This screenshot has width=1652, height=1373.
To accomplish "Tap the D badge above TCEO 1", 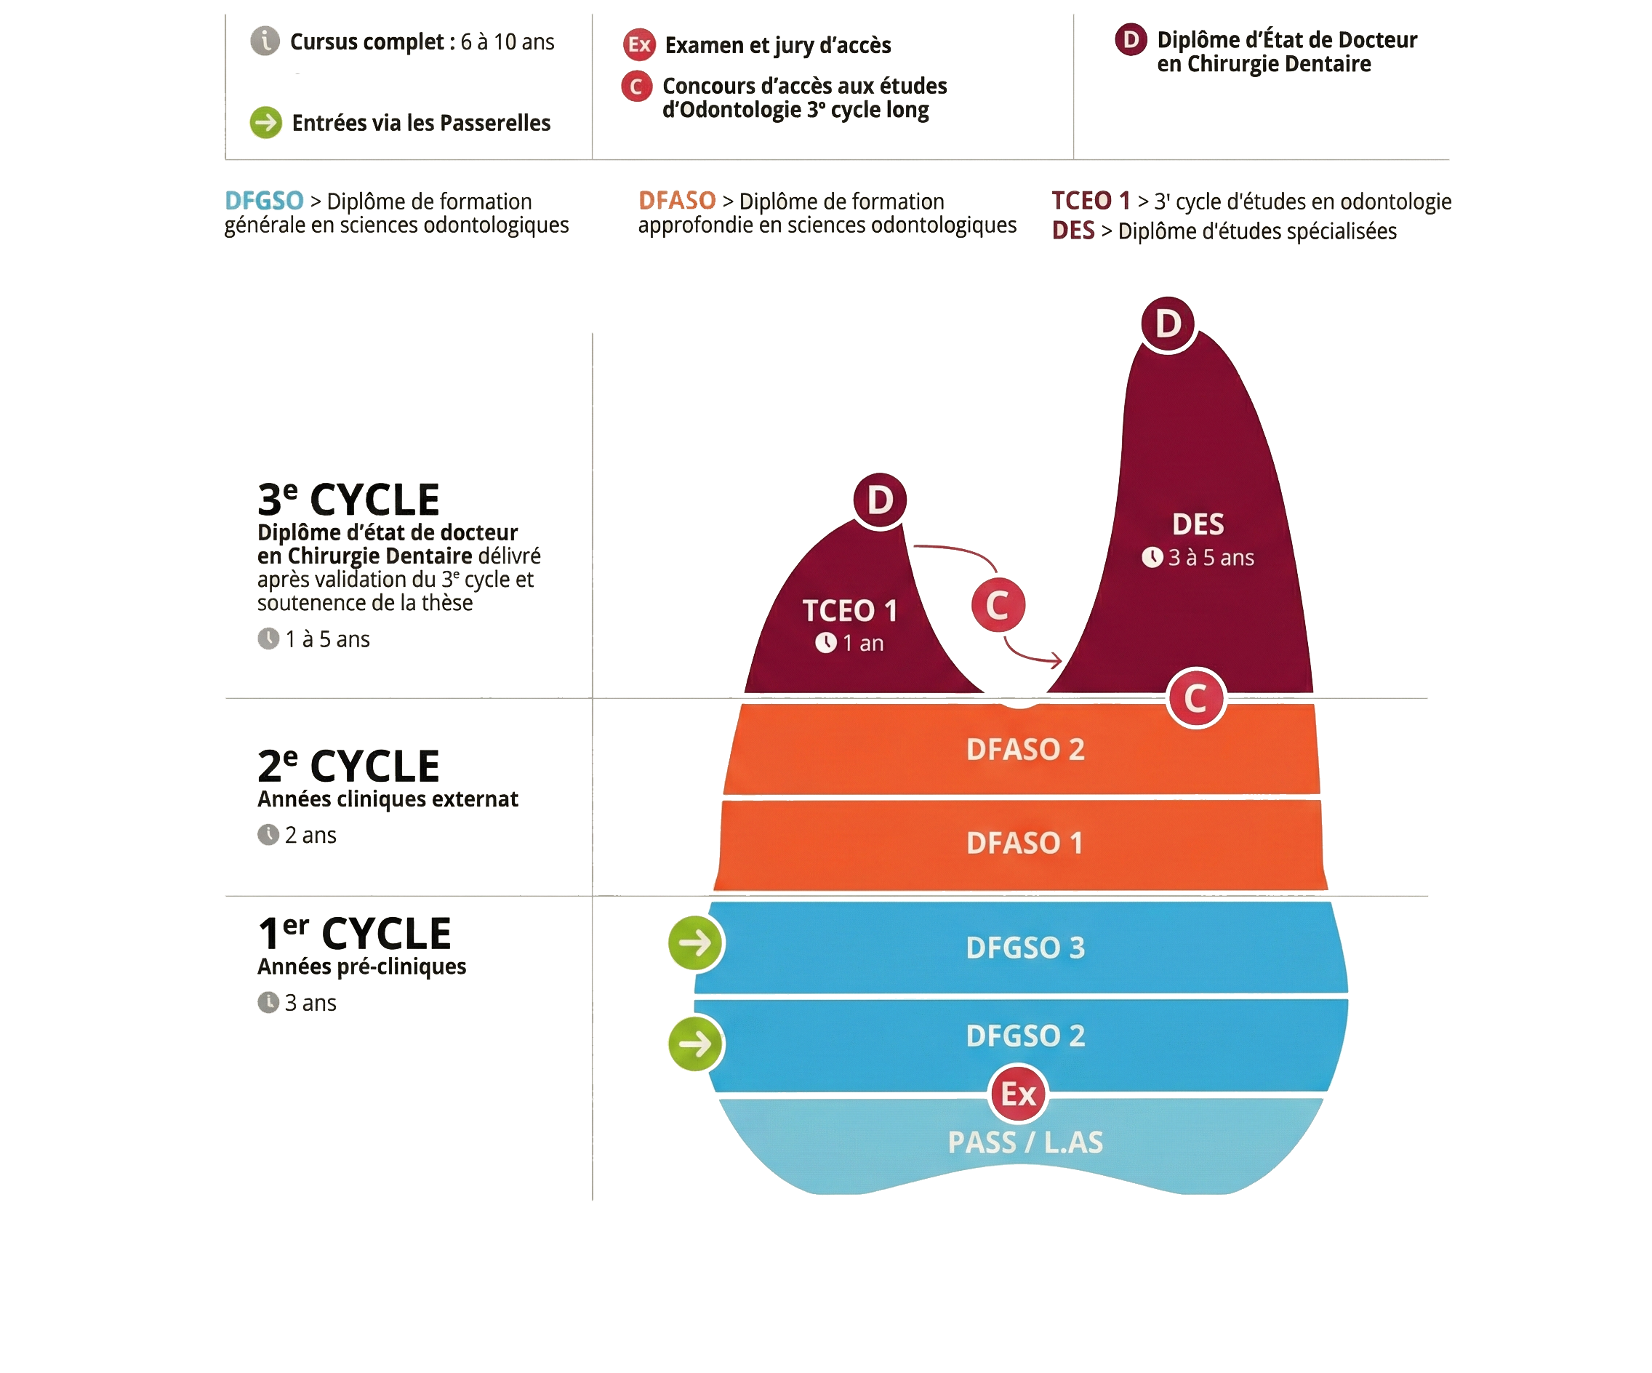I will [880, 500].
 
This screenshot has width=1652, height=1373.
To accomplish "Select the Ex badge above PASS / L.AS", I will [1019, 1094].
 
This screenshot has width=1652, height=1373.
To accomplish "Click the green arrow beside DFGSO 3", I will [695, 942].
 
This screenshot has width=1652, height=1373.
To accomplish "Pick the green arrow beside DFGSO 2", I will [695, 1044].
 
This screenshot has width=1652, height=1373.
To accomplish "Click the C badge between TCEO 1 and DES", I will [998, 606].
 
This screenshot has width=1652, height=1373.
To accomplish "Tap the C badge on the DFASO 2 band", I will [1195, 698].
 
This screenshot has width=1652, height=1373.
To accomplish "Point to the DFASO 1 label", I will [1025, 844].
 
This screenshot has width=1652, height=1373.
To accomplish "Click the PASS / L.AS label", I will [1025, 1142].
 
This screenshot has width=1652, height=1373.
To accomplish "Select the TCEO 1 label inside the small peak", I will [849, 611].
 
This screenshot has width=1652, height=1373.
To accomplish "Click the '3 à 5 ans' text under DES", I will [1211, 558].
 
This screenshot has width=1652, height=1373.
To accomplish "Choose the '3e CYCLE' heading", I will [348, 499].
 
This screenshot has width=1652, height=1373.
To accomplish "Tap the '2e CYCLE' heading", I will [348, 766].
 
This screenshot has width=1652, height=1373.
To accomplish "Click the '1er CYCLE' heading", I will [354, 934].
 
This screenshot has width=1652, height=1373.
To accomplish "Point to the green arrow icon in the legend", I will [266, 123].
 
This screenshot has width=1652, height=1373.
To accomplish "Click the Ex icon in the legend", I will [639, 45].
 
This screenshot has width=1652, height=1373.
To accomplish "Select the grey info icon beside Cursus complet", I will [265, 40].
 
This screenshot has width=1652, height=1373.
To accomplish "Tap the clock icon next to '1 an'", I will [825, 643].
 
